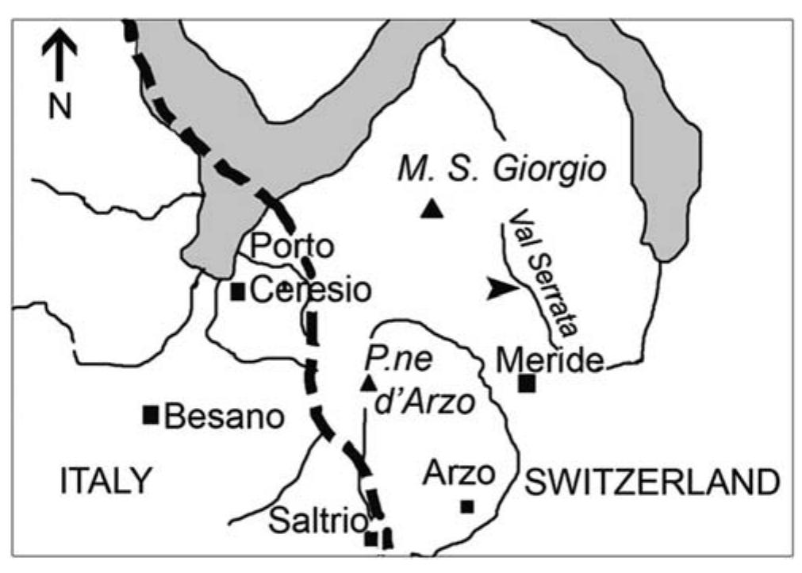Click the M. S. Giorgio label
point(501,169)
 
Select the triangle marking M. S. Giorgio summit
point(432,209)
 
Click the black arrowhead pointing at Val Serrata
point(501,290)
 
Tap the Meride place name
point(551,363)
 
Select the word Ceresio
point(310,290)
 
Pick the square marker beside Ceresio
point(237,291)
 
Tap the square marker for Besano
point(151,414)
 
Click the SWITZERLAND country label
point(650,481)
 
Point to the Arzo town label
point(459,474)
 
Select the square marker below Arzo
point(467,506)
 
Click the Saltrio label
point(318,521)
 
